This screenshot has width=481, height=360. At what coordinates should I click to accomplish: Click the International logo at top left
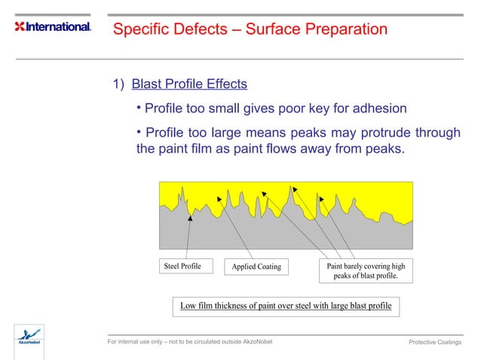(x=53, y=27)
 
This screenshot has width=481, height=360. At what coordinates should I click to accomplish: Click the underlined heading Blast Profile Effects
(x=189, y=84)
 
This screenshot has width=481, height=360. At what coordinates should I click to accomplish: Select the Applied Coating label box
(x=256, y=267)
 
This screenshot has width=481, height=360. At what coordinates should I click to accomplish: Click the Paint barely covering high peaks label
(x=366, y=271)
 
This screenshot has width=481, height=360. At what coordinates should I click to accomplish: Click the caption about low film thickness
(x=286, y=306)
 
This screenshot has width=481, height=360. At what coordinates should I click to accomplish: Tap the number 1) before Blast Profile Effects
(x=118, y=84)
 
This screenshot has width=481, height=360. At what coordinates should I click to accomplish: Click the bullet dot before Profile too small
(x=139, y=108)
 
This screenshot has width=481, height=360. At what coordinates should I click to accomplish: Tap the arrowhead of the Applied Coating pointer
(x=219, y=199)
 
